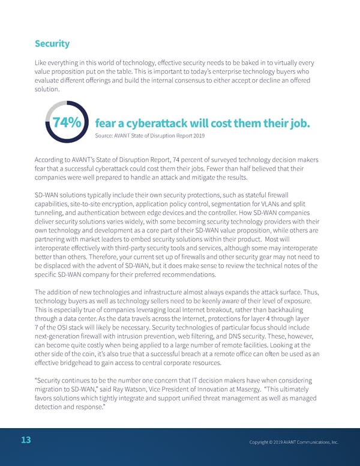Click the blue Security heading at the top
coord(52,44)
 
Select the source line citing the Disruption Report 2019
coord(150,136)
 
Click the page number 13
coord(26,440)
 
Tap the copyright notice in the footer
coord(293,442)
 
